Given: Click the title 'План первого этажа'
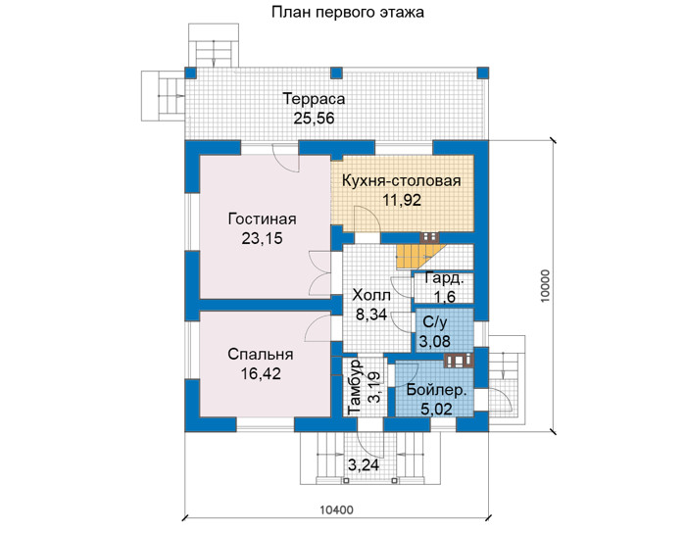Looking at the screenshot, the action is tap(347, 12).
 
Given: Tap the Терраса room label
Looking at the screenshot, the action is tap(314, 99).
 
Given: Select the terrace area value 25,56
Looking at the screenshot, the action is tap(314, 119).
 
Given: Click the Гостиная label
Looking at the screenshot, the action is tap(262, 218).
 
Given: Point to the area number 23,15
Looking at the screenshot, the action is tap(262, 238).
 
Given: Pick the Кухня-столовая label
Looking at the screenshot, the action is tap(401, 180).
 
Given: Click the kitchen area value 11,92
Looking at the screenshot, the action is tap(402, 200).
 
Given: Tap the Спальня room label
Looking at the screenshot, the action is tap(261, 355).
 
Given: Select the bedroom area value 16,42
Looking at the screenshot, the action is tap(261, 373).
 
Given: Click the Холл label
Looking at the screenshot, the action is tap(371, 296).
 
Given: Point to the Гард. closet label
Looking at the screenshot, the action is tap(444, 278).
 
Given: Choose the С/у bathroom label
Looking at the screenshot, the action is tap(435, 322).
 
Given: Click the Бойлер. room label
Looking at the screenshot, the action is tap(435, 389).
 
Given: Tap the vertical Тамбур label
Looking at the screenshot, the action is tap(354, 387).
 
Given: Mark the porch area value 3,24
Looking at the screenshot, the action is tap(364, 464).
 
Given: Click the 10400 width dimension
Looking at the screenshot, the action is tap(336, 510).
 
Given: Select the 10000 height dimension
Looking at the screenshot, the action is tap(545, 286).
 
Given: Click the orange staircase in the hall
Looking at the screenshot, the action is tap(420, 257).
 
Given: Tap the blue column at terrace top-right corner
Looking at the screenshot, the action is tap(482, 73).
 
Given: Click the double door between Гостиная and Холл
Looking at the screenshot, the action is tap(321, 273).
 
